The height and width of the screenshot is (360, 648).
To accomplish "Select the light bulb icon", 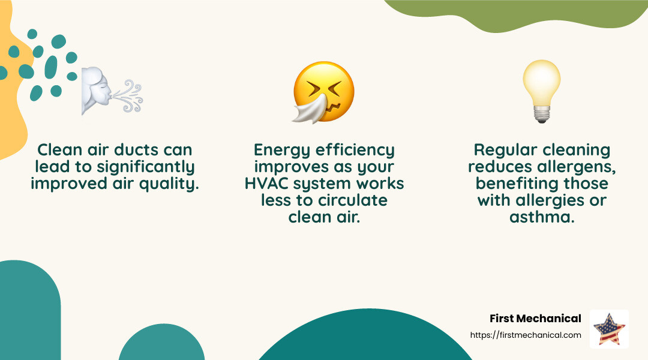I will (541, 90).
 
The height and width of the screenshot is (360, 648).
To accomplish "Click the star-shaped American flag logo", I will (608, 329).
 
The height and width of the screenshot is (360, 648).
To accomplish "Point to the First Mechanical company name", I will (535, 318).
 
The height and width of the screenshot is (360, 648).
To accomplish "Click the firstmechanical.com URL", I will (526, 335).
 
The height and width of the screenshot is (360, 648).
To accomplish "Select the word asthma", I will (542, 217).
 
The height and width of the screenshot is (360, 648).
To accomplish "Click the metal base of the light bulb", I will (541, 115).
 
